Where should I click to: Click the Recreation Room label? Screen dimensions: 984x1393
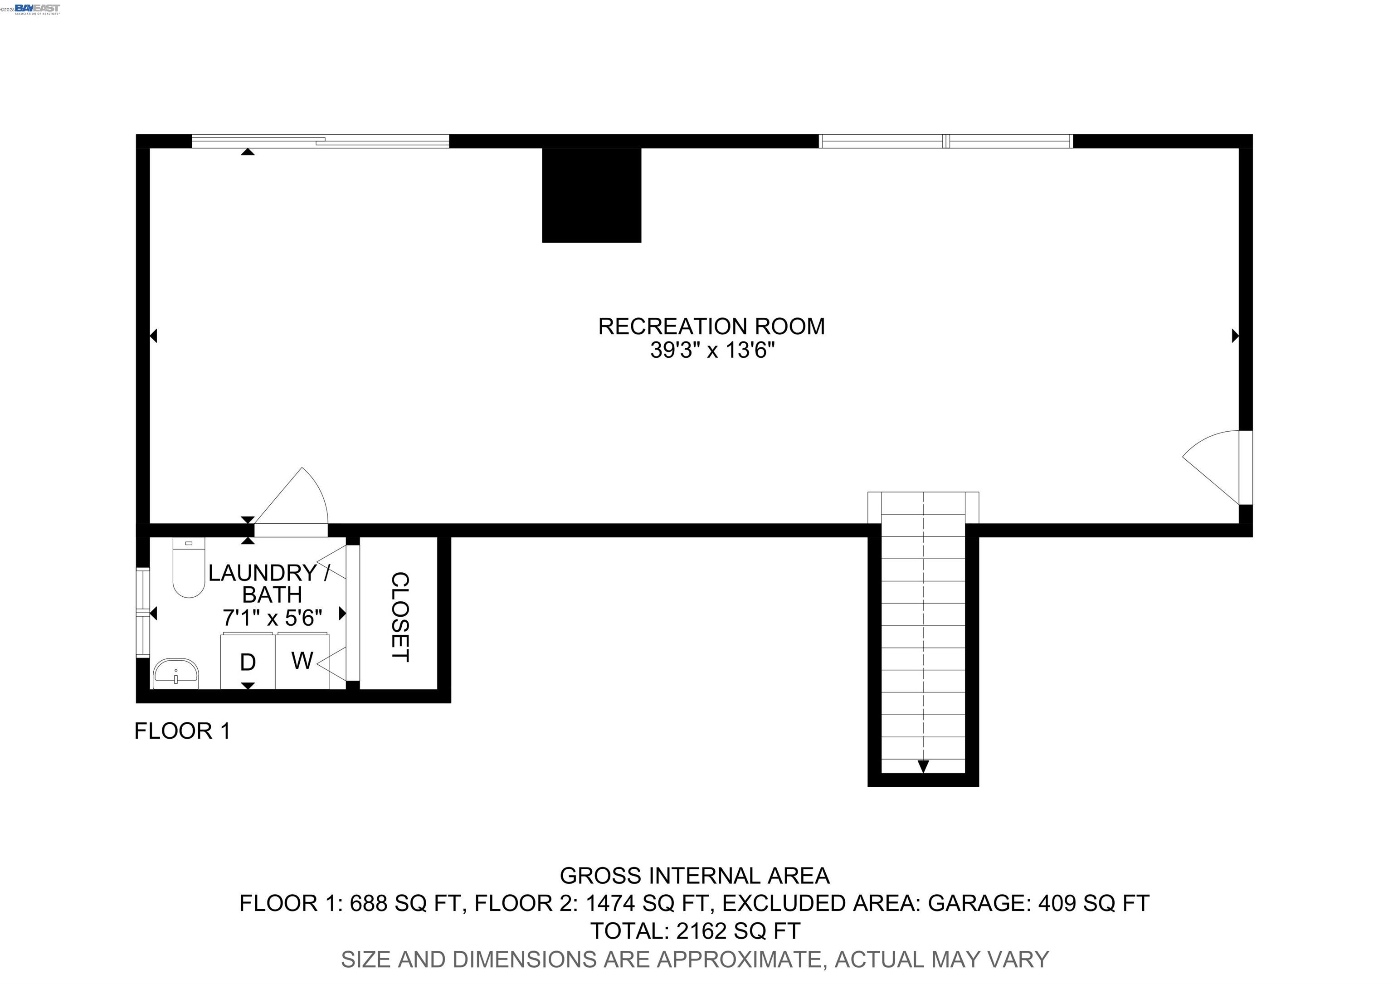[x=711, y=326]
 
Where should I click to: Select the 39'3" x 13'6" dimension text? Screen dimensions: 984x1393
[x=712, y=351]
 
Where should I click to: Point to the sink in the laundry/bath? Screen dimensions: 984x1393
[x=176, y=673]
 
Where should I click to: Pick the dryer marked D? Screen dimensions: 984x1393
[x=248, y=662]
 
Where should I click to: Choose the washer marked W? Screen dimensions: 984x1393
[x=302, y=661]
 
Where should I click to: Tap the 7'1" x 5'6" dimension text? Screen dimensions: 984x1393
[x=273, y=618]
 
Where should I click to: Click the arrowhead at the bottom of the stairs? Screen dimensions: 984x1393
[x=923, y=766]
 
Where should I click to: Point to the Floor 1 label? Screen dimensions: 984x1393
[x=182, y=731]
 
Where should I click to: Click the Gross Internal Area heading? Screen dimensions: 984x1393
[x=694, y=876]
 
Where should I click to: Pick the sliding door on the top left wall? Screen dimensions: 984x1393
[x=320, y=141]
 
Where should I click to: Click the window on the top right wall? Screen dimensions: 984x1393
[x=945, y=141]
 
